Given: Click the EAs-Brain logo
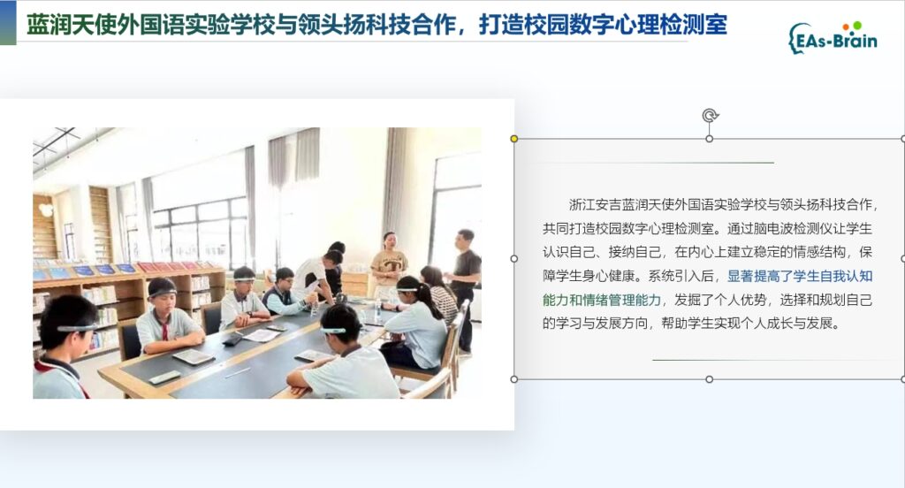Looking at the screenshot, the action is click(833, 37).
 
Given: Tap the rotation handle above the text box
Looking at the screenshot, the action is click(710, 116).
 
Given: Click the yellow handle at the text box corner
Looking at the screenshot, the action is click(513, 139).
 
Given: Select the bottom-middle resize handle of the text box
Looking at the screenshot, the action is click(710, 379).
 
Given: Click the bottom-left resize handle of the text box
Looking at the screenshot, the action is click(514, 379).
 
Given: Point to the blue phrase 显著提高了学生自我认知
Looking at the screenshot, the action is click(800, 276).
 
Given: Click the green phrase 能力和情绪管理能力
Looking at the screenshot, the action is click(601, 300).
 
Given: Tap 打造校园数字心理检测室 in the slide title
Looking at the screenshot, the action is click(603, 25).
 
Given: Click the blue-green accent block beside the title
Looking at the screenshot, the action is click(8, 22).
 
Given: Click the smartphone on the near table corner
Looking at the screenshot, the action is click(164, 377).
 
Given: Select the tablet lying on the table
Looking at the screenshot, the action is click(194, 357).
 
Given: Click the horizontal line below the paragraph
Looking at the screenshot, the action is click(775, 360).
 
